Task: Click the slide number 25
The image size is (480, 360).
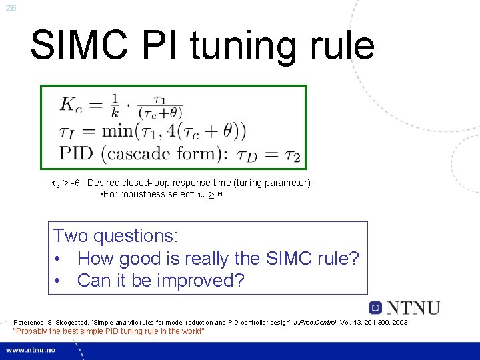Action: coord(10,8)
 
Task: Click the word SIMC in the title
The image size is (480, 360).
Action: coord(75,45)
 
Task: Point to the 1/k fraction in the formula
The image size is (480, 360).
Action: coord(116,105)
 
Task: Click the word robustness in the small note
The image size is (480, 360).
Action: coord(133,194)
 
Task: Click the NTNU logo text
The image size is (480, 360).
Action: coord(413,308)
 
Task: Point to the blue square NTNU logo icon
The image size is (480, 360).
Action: coord(376,308)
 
